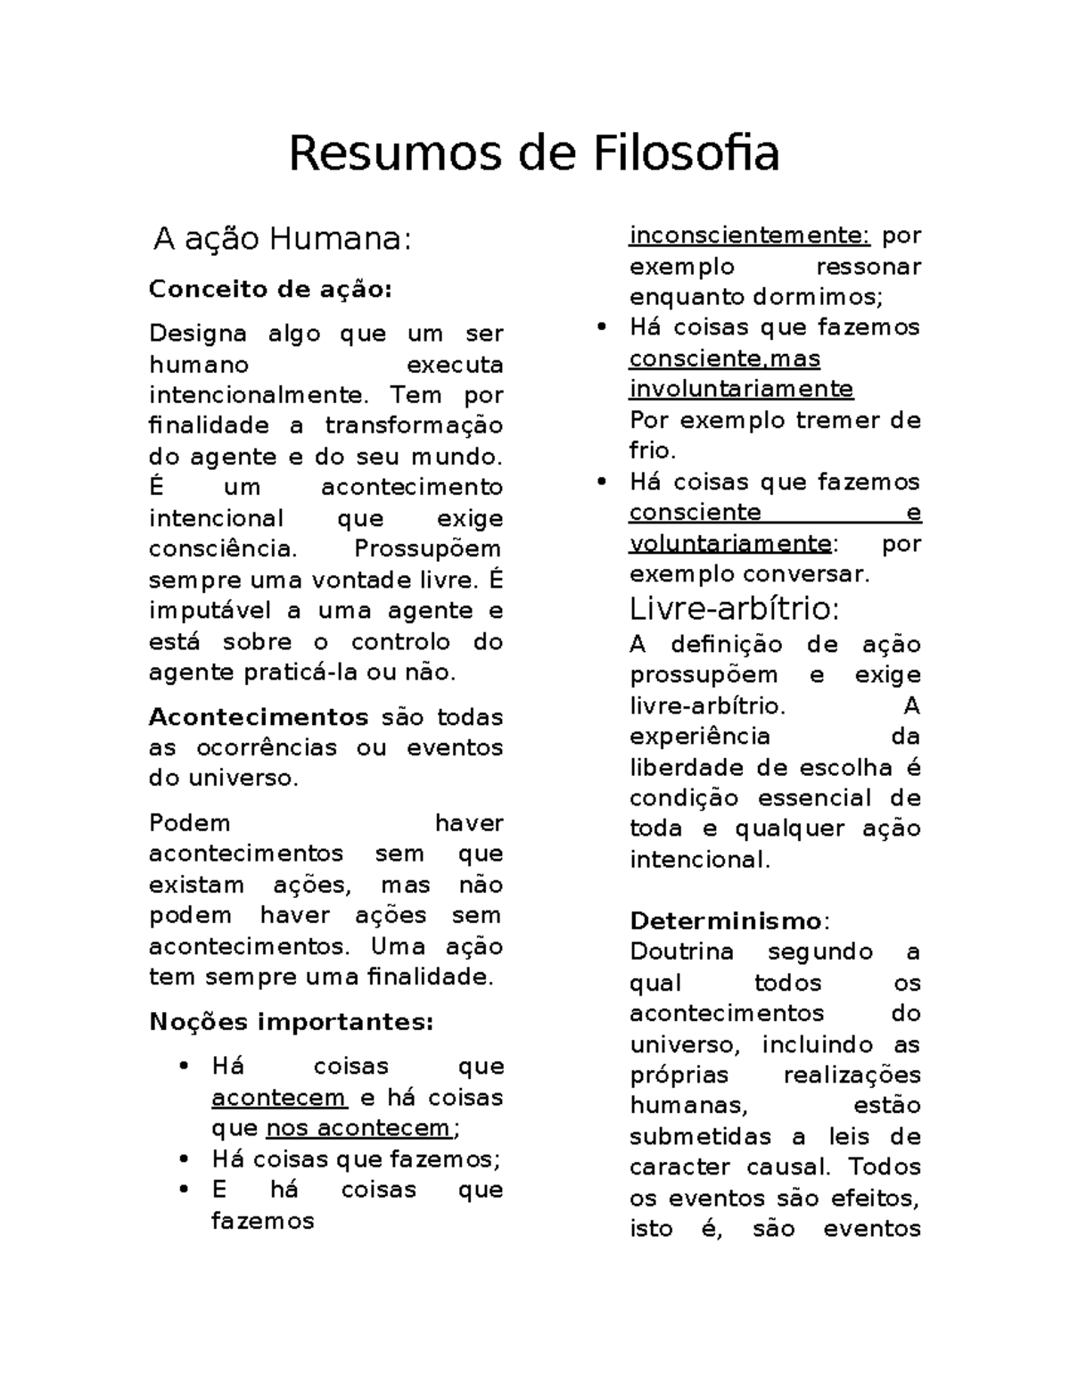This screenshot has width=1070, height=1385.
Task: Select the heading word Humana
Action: tap(341, 239)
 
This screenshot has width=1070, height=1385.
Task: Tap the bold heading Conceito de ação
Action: tap(269, 290)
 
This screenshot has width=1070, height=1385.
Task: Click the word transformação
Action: tap(414, 425)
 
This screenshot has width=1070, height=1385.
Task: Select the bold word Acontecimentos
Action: tap(259, 717)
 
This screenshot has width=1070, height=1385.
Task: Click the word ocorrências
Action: tap(267, 747)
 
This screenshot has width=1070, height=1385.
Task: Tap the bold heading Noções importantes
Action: tap(291, 1022)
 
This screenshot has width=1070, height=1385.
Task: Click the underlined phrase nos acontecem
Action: tap(359, 1128)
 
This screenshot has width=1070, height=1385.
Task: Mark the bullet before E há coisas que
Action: tap(184, 1190)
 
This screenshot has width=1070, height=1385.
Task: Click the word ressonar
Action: tap(868, 267)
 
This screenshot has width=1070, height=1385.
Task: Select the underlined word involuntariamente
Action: tap(741, 390)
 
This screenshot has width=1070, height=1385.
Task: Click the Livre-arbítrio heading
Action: tap(734, 609)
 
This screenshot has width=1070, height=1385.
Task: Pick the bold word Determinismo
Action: tap(726, 920)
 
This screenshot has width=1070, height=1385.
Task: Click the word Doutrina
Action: tap(681, 952)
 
